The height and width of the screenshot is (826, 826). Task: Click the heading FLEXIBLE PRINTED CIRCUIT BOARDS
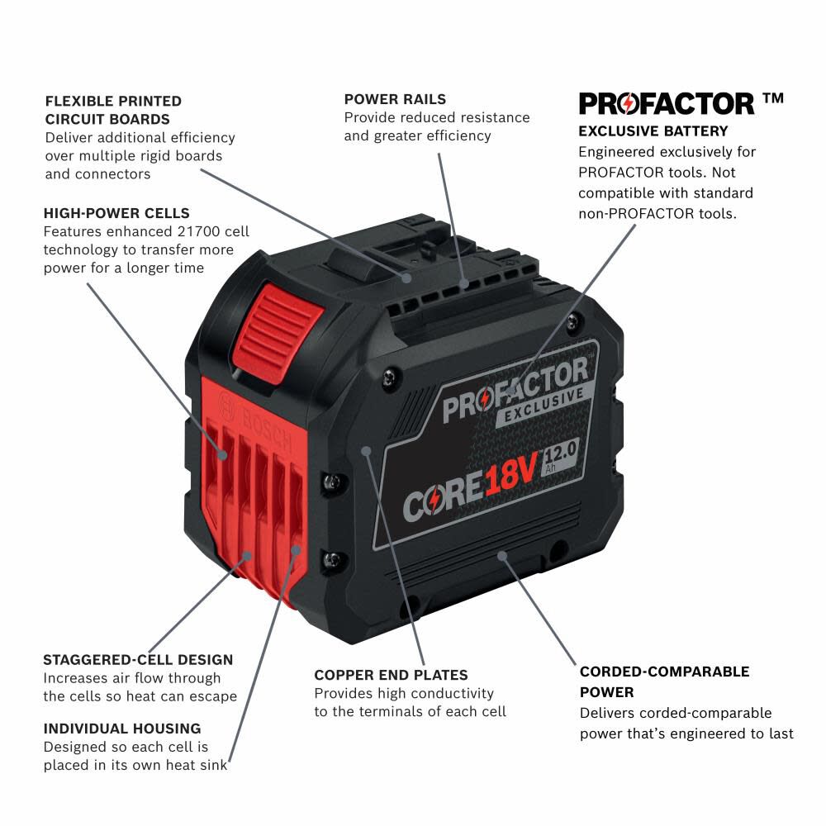click(113, 110)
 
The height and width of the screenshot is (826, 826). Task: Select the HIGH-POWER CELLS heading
click(116, 213)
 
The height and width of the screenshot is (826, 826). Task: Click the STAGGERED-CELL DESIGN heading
click(138, 659)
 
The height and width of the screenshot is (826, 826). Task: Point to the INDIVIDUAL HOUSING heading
click(122, 728)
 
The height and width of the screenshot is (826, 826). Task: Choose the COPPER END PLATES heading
click(391, 675)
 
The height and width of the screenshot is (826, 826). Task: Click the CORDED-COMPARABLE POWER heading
click(664, 681)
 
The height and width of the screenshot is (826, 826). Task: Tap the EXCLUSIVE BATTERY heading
click(653, 131)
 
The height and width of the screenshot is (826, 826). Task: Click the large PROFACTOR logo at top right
click(667, 103)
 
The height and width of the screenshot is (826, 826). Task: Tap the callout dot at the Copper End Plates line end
click(367, 451)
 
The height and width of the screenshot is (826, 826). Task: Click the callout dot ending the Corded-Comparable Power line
click(501, 556)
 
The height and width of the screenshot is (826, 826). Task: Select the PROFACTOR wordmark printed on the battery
click(515, 388)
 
